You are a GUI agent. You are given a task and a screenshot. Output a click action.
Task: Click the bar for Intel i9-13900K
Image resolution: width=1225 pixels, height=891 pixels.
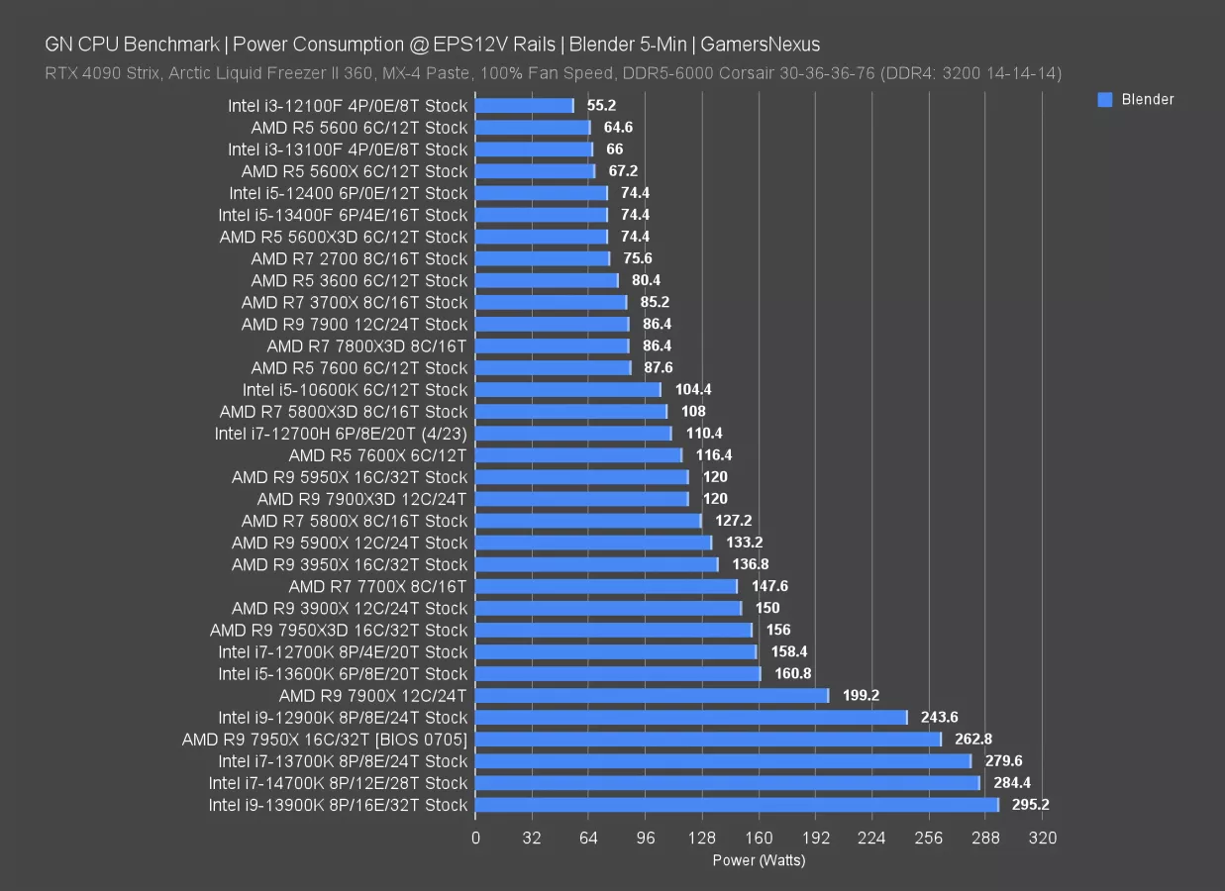click(x=737, y=805)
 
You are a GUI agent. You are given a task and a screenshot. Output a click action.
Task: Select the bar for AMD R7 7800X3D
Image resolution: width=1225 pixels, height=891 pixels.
click(x=553, y=346)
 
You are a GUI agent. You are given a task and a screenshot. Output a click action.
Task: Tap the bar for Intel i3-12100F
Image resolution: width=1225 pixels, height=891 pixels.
click(x=525, y=105)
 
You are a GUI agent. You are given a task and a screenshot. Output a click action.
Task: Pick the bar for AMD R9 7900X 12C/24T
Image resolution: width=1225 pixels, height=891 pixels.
click(x=652, y=695)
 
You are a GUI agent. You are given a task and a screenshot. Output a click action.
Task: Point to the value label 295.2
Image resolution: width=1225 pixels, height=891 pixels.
click(x=1031, y=805)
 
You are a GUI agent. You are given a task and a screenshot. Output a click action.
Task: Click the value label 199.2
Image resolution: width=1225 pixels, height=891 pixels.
click(x=862, y=695)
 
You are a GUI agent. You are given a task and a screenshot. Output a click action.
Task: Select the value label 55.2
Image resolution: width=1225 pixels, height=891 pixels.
click(x=603, y=105)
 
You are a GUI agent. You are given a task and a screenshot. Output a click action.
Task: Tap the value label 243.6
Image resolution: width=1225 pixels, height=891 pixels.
click(x=940, y=717)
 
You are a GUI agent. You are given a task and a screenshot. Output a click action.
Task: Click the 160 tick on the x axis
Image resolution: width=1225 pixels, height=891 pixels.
click(x=759, y=838)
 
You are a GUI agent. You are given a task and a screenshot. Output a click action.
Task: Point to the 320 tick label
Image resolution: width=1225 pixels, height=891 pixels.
click(x=1043, y=838)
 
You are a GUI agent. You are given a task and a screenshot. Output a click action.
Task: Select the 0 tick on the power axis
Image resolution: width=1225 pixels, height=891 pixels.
click(x=475, y=838)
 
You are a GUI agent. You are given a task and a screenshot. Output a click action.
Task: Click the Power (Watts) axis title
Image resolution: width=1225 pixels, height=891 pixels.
click(x=759, y=860)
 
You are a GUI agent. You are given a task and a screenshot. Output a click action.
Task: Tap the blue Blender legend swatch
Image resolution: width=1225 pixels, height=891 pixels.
click(x=1105, y=99)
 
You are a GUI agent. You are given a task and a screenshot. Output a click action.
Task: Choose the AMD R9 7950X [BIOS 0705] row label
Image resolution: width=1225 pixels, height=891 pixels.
click(x=324, y=740)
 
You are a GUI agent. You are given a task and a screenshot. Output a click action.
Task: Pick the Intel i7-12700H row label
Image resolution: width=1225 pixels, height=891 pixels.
click(x=341, y=433)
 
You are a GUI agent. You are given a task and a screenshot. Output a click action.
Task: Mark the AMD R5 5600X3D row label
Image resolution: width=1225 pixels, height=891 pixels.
click(x=343, y=237)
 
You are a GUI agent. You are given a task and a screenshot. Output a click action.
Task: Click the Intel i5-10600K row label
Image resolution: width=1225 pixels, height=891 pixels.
click(x=355, y=389)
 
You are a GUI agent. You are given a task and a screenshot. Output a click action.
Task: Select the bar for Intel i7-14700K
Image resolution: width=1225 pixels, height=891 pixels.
click(x=728, y=783)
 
